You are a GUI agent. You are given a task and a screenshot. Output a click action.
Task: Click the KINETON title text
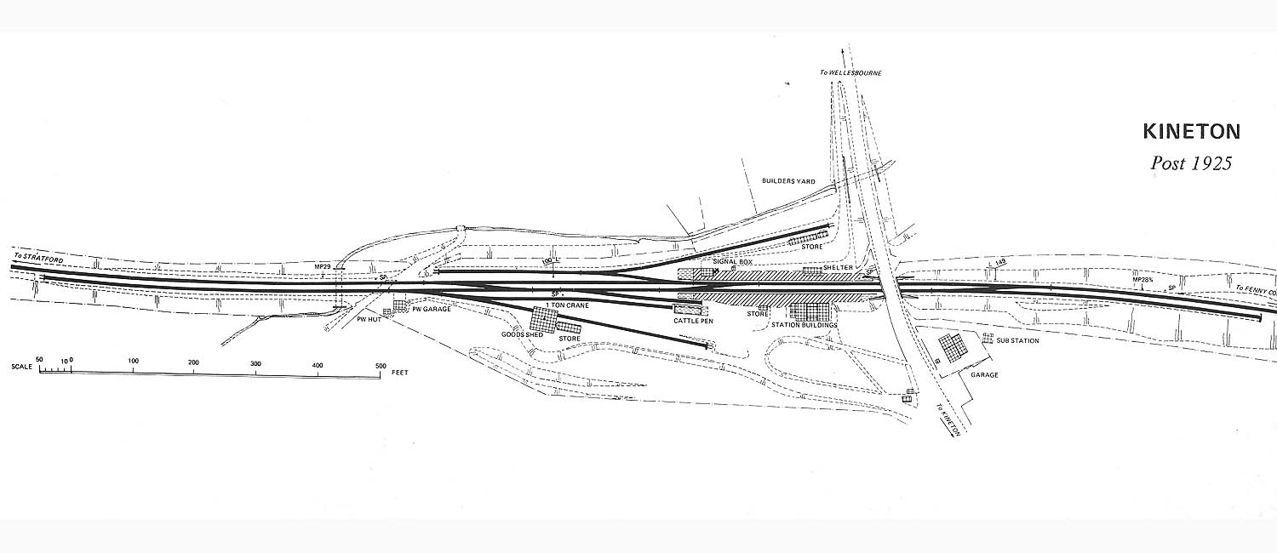pos(1191,132)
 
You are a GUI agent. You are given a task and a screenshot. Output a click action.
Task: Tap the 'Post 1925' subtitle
pos(1191,163)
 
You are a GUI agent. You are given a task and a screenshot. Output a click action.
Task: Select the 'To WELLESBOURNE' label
pos(850,73)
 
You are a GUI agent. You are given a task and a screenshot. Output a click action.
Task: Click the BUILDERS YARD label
pos(787,181)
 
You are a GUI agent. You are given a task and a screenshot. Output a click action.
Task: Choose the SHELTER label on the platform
pos(838,267)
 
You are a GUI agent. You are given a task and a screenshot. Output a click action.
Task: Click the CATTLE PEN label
pos(693,321)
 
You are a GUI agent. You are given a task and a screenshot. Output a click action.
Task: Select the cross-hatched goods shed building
pos(545,321)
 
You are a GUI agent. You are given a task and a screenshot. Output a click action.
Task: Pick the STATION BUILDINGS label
pos(805,326)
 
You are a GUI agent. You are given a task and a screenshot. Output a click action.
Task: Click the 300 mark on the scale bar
pos(256,363)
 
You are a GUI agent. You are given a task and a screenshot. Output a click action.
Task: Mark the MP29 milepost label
pos(321,267)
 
